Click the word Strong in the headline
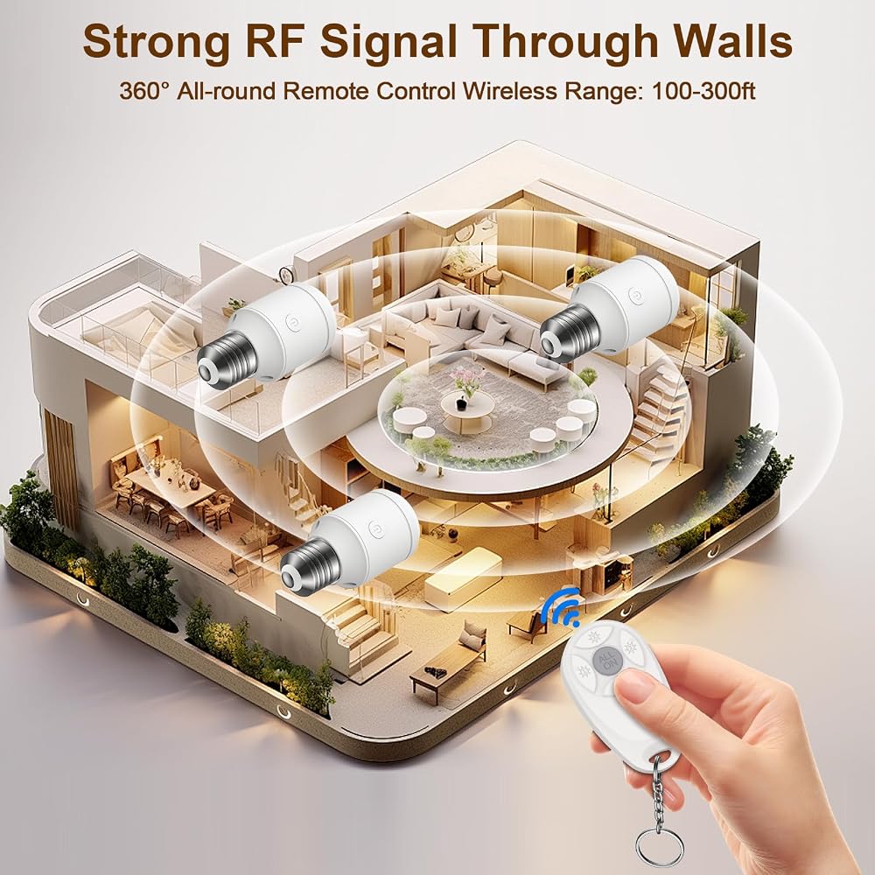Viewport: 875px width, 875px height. click(157, 41)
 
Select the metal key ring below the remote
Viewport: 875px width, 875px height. click(659, 850)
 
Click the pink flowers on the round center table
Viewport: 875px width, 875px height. click(465, 380)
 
